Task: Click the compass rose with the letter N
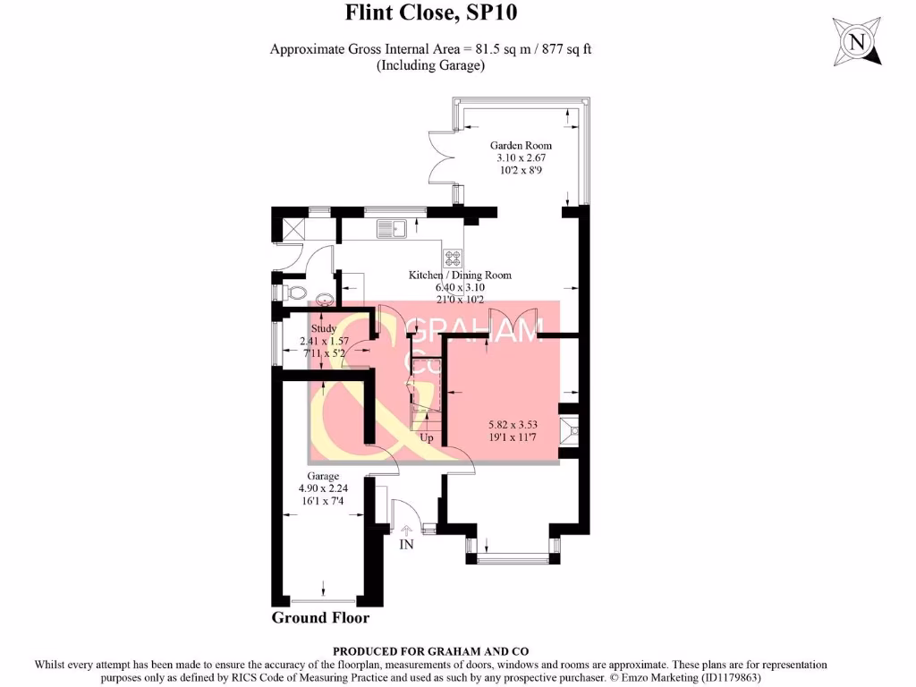[x=857, y=41]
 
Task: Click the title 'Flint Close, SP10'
[x=431, y=13]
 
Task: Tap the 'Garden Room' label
[x=521, y=145]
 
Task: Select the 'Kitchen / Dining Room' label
[x=460, y=275]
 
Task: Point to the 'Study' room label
[x=324, y=328]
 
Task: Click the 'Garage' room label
[x=323, y=475]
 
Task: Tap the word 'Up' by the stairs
[x=427, y=438]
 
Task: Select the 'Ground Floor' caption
[x=320, y=618]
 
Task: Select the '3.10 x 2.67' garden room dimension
[x=521, y=157]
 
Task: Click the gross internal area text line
[x=430, y=49]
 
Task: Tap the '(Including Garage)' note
[x=430, y=65]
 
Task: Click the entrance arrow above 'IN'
[x=407, y=530]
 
